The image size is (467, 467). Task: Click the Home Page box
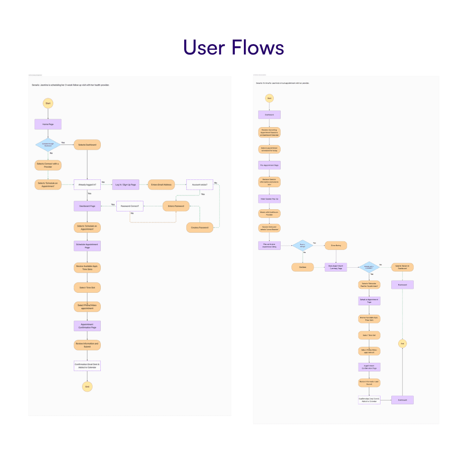coord(48,124)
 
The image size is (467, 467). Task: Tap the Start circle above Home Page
coord(48,103)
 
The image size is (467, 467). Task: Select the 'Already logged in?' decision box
coord(87,185)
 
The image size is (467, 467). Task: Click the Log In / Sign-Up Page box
coord(126,185)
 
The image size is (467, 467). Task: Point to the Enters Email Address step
coord(161,185)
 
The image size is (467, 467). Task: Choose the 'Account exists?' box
coord(199,185)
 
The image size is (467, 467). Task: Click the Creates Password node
coord(199,227)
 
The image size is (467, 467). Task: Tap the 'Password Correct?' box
coord(130,206)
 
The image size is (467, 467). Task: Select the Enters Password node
coord(176,206)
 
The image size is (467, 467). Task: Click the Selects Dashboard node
coord(87,144)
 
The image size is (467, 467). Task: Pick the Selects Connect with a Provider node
coord(48,165)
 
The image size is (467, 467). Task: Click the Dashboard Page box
coord(87,206)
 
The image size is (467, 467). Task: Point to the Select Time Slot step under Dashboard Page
coord(87,287)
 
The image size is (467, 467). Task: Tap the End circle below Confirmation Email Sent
coord(87,386)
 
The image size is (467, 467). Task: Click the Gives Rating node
coord(336,246)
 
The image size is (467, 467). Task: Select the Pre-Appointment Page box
coord(269,166)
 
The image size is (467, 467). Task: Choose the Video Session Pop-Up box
coord(269,199)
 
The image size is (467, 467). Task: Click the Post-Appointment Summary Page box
coord(336,268)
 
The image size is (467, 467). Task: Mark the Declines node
coord(303,267)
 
